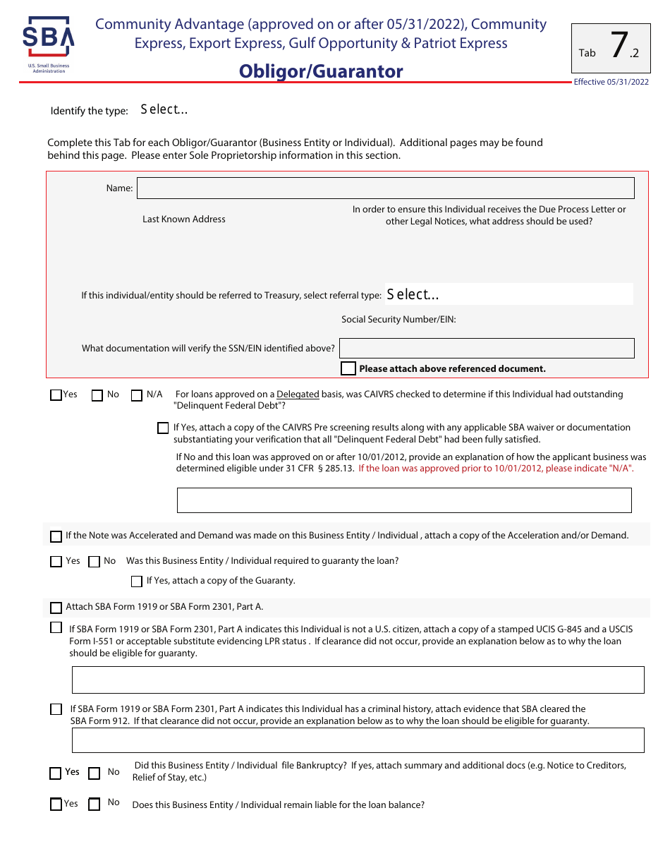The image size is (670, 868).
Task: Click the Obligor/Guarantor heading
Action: pos(321,71)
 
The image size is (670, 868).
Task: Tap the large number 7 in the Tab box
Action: pos(618,46)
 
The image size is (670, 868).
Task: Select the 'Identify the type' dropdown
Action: pos(164,109)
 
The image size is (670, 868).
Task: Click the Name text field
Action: pos(385,188)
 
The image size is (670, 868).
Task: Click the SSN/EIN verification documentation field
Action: pos(487,348)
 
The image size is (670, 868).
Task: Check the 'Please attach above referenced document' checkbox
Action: pos(348,368)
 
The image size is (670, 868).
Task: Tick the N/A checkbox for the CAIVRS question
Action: pos(137,395)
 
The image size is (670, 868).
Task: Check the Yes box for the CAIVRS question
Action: pos(56,395)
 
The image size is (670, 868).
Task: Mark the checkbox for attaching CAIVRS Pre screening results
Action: pos(163,428)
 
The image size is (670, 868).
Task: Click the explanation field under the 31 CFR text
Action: pos(403,500)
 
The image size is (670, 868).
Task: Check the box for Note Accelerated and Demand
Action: pos(56,536)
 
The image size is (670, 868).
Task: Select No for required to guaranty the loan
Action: pos(94,562)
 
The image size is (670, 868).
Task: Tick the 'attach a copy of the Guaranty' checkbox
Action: pos(137,581)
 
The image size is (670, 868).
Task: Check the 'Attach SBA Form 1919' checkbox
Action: pos(56,608)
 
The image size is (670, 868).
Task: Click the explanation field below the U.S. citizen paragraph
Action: pos(358,680)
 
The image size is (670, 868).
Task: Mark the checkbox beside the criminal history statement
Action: pos(56,709)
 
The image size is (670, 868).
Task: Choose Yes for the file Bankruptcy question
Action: pos(56,773)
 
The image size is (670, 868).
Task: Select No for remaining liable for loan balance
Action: pos(94,804)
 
